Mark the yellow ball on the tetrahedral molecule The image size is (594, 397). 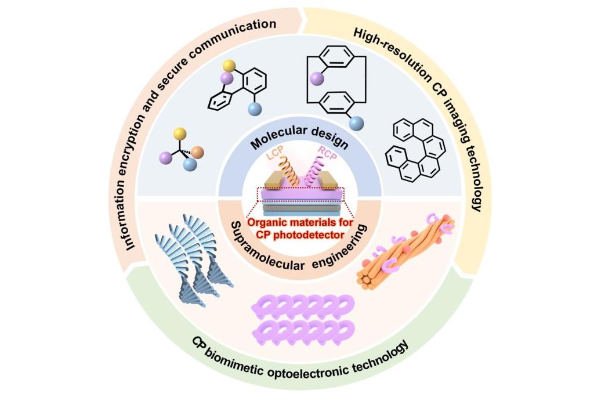[x=179, y=133]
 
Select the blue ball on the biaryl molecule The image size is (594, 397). [x=253, y=109]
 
